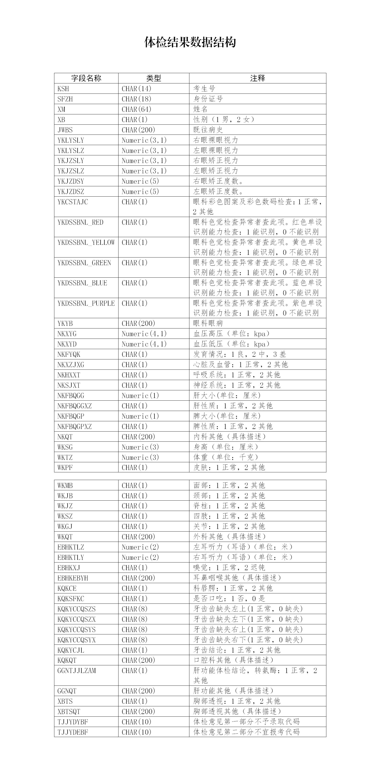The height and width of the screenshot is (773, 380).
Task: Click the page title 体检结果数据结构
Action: [x=190, y=42]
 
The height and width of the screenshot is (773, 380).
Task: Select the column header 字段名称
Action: [x=86, y=78]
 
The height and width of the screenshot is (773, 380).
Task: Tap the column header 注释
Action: [x=257, y=78]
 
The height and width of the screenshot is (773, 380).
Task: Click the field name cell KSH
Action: [x=63, y=89]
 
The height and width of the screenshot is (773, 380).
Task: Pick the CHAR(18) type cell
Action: [x=136, y=99]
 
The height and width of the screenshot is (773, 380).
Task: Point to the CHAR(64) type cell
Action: [x=136, y=109]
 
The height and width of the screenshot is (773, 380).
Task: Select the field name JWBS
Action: [x=65, y=130]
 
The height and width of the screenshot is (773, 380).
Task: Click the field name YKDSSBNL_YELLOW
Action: [x=86, y=242]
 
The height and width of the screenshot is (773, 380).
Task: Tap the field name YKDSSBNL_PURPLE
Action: [x=86, y=303]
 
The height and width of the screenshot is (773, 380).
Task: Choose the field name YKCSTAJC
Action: [x=73, y=202]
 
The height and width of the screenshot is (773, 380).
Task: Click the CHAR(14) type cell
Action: [x=136, y=89]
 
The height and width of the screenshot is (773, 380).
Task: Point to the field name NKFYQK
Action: [x=69, y=354]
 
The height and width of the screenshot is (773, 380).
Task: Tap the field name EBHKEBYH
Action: [x=73, y=578]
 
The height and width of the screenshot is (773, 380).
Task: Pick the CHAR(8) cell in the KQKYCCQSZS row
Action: [x=135, y=609]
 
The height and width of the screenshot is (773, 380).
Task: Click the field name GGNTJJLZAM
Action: [x=77, y=671]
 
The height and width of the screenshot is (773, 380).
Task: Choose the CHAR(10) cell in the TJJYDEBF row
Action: [x=136, y=732]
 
